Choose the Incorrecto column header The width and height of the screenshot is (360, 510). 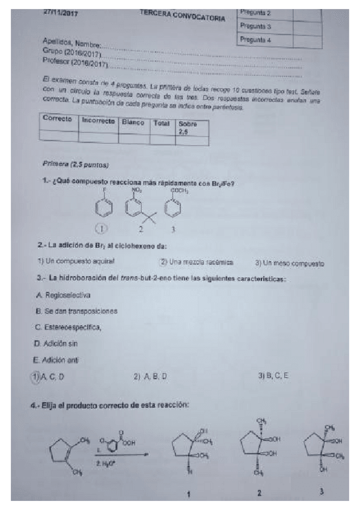coord(98,121)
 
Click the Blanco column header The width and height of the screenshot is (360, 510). coord(133,122)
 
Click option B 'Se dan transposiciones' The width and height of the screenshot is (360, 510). coord(76,311)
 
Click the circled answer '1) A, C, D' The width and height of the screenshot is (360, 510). coord(48,376)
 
